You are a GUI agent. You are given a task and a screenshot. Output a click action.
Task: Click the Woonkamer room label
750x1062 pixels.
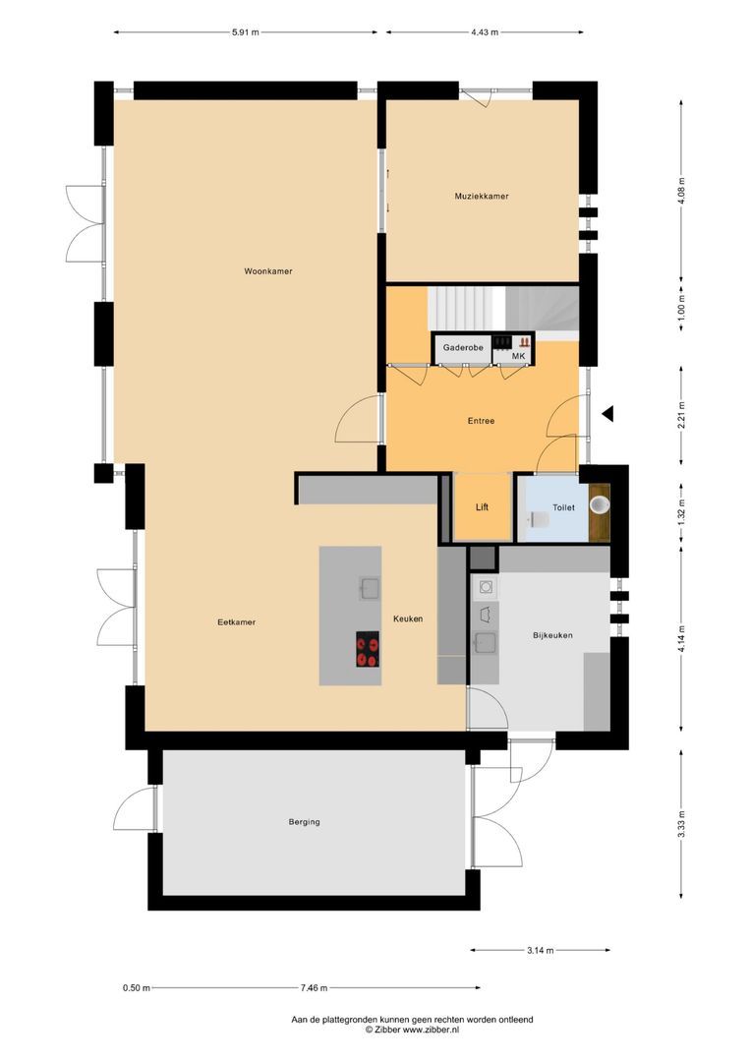pyautogui.click(x=268, y=271)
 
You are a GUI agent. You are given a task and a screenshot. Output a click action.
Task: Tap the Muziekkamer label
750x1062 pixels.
pyautogui.click(x=481, y=197)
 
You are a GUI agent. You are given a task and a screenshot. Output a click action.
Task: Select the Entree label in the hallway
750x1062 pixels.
pyautogui.click(x=481, y=421)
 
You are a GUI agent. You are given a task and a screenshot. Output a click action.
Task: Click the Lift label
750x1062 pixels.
pyautogui.click(x=482, y=507)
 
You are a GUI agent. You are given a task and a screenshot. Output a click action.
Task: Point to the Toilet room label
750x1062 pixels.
pyautogui.click(x=563, y=507)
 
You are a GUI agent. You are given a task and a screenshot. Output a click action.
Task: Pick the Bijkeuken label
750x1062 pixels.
pyautogui.click(x=551, y=635)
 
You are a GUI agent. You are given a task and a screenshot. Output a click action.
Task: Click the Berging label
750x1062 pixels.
pyautogui.click(x=304, y=822)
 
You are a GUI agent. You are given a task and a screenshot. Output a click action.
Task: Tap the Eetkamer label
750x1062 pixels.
pyautogui.click(x=237, y=621)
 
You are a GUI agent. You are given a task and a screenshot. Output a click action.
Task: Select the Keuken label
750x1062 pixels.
pyautogui.click(x=408, y=619)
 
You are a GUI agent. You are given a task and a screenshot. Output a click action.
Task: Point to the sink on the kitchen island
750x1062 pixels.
pyautogui.click(x=369, y=588)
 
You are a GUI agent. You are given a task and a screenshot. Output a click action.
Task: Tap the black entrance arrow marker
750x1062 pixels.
pyautogui.click(x=607, y=414)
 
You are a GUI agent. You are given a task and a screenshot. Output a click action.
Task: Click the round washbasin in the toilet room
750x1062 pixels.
pyautogui.click(x=598, y=503)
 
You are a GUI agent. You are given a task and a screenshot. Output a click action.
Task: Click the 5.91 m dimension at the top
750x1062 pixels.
pyautogui.click(x=245, y=32)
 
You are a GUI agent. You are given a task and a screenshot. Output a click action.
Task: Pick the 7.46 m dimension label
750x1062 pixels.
pyautogui.click(x=315, y=988)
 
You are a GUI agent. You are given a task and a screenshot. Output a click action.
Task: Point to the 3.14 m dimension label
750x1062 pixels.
pyautogui.click(x=540, y=950)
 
